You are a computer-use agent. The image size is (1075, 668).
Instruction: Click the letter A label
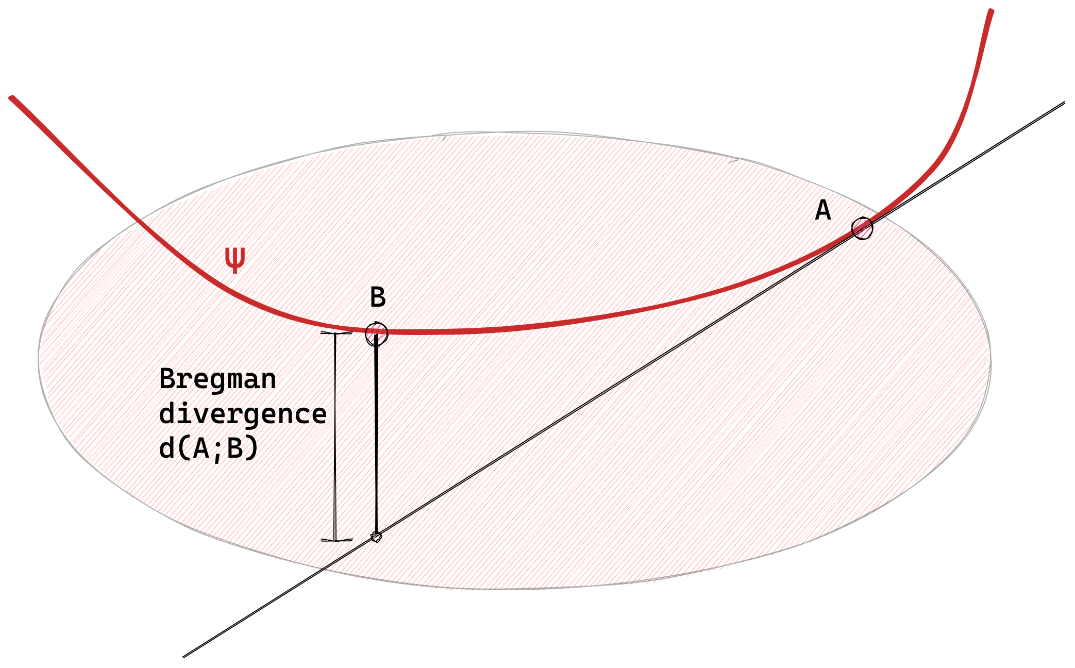pyautogui.click(x=823, y=210)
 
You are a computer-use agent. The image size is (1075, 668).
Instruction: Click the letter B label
pyautogui.click(x=378, y=297)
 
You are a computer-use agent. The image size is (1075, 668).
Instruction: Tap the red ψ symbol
pyautogui.click(x=235, y=259)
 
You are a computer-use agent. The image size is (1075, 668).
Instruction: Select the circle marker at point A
pyautogui.click(x=862, y=228)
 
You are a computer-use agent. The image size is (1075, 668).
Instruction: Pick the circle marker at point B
pyautogui.click(x=376, y=334)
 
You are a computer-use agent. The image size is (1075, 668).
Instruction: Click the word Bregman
pyautogui.click(x=217, y=379)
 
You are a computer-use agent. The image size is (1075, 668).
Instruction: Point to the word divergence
pyautogui.click(x=243, y=414)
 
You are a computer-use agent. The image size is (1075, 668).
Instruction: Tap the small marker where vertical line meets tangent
pyautogui.click(x=376, y=537)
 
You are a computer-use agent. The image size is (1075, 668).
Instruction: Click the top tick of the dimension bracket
pyautogui.click(x=336, y=333)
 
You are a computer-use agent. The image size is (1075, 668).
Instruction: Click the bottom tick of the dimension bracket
pyautogui.click(x=337, y=540)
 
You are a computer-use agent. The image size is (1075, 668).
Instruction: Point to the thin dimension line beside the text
pyautogui.click(x=335, y=438)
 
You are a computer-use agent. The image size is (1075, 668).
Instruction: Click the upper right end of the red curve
pyautogui.click(x=991, y=11)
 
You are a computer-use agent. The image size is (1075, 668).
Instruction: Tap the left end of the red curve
pyautogui.click(x=11, y=97)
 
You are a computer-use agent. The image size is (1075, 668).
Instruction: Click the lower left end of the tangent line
pyautogui.click(x=184, y=656)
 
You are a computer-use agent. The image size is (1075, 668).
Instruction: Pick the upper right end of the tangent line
pyautogui.click(x=1064, y=103)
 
